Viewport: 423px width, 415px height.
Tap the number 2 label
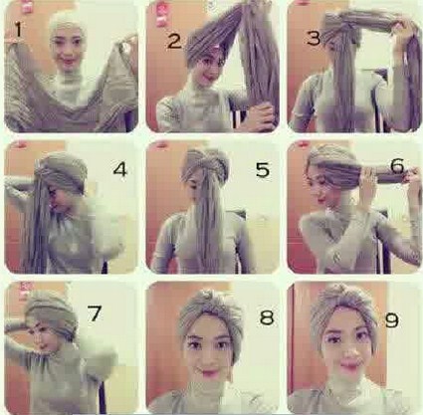pos(175,42)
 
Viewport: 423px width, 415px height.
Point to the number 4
pos(120,170)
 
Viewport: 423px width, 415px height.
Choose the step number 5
pos(262,170)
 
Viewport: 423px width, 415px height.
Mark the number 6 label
pos(396,165)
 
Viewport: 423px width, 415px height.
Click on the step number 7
pos(96,314)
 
